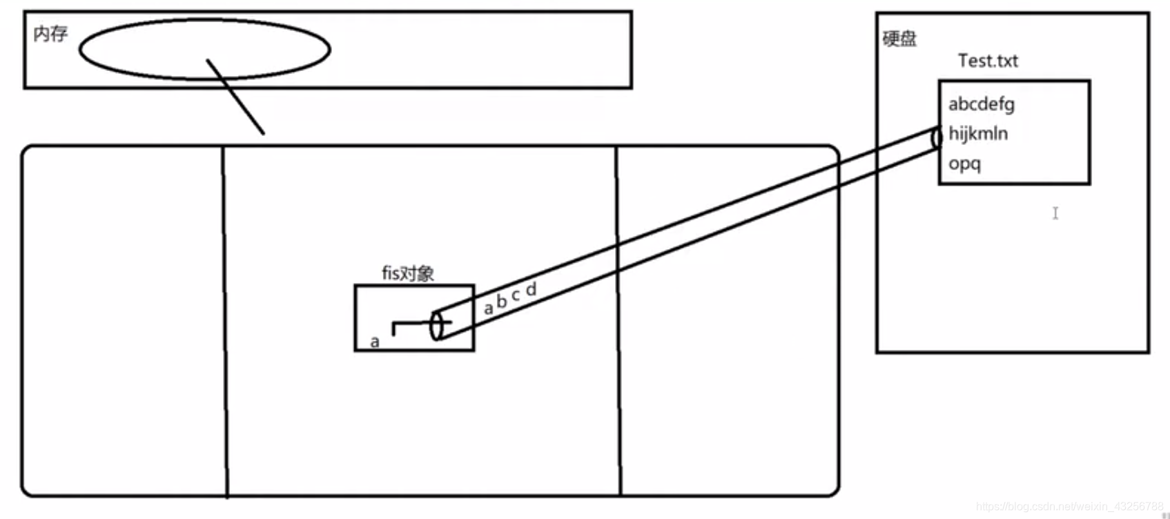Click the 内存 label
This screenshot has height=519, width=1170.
[50, 33]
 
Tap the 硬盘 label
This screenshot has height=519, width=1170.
[899, 38]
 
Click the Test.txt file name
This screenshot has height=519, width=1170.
[988, 61]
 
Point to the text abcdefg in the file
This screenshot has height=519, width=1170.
[981, 104]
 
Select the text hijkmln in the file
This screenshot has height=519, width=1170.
[977, 133]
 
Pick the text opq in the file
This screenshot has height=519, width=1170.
[964, 164]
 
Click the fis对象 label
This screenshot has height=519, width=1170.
[408, 273]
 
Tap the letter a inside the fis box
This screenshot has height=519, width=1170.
[375, 341]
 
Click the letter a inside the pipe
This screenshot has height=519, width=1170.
[489, 308]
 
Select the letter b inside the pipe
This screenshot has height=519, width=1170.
[502, 302]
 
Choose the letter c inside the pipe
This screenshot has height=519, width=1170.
[516, 296]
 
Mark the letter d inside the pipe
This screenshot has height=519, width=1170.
[530, 289]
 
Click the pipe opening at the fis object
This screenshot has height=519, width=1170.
[436, 326]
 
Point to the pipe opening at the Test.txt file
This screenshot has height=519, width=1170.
[937, 137]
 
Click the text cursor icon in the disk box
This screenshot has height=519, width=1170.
[1055, 213]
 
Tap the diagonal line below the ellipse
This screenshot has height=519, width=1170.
[235, 96]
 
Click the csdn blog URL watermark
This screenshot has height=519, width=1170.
[1069, 507]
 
